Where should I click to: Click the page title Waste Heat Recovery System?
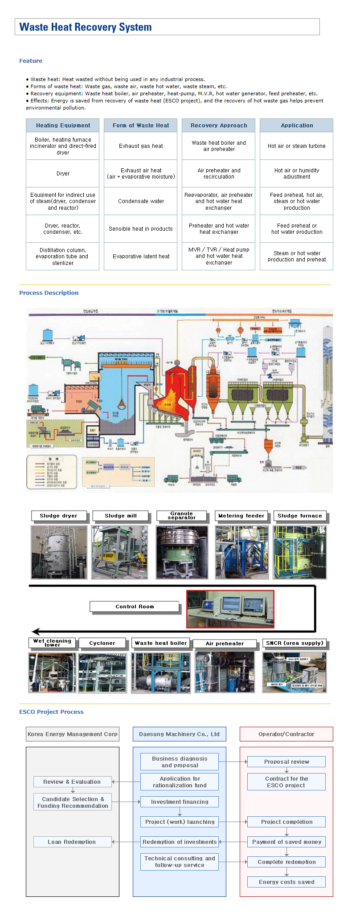coord(86,27)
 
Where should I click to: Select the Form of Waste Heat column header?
coord(141,126)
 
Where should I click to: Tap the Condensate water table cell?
coord(141,201)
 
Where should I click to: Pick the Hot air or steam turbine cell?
coord(296,146)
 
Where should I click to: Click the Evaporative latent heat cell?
coord(141,256)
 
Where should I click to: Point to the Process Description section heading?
coord(49,293)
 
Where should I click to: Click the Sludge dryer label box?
coord(58,516)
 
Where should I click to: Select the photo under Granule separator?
coord(182,552)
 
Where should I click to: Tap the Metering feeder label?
coord(241,516)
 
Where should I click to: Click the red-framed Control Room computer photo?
coord(230,609)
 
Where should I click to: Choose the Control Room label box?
coord(135,607)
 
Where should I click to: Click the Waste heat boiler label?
coord(161,643)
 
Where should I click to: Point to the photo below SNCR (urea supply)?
coord(295,672)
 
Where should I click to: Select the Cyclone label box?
coord(102,643)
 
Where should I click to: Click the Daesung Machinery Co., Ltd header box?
coord(179,734)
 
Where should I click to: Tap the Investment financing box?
coord(180,802)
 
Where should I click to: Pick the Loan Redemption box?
coord(72,842)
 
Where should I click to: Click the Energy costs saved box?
coord(286,882)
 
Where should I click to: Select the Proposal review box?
coord(286,761)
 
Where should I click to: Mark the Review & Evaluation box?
coord(72,782)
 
